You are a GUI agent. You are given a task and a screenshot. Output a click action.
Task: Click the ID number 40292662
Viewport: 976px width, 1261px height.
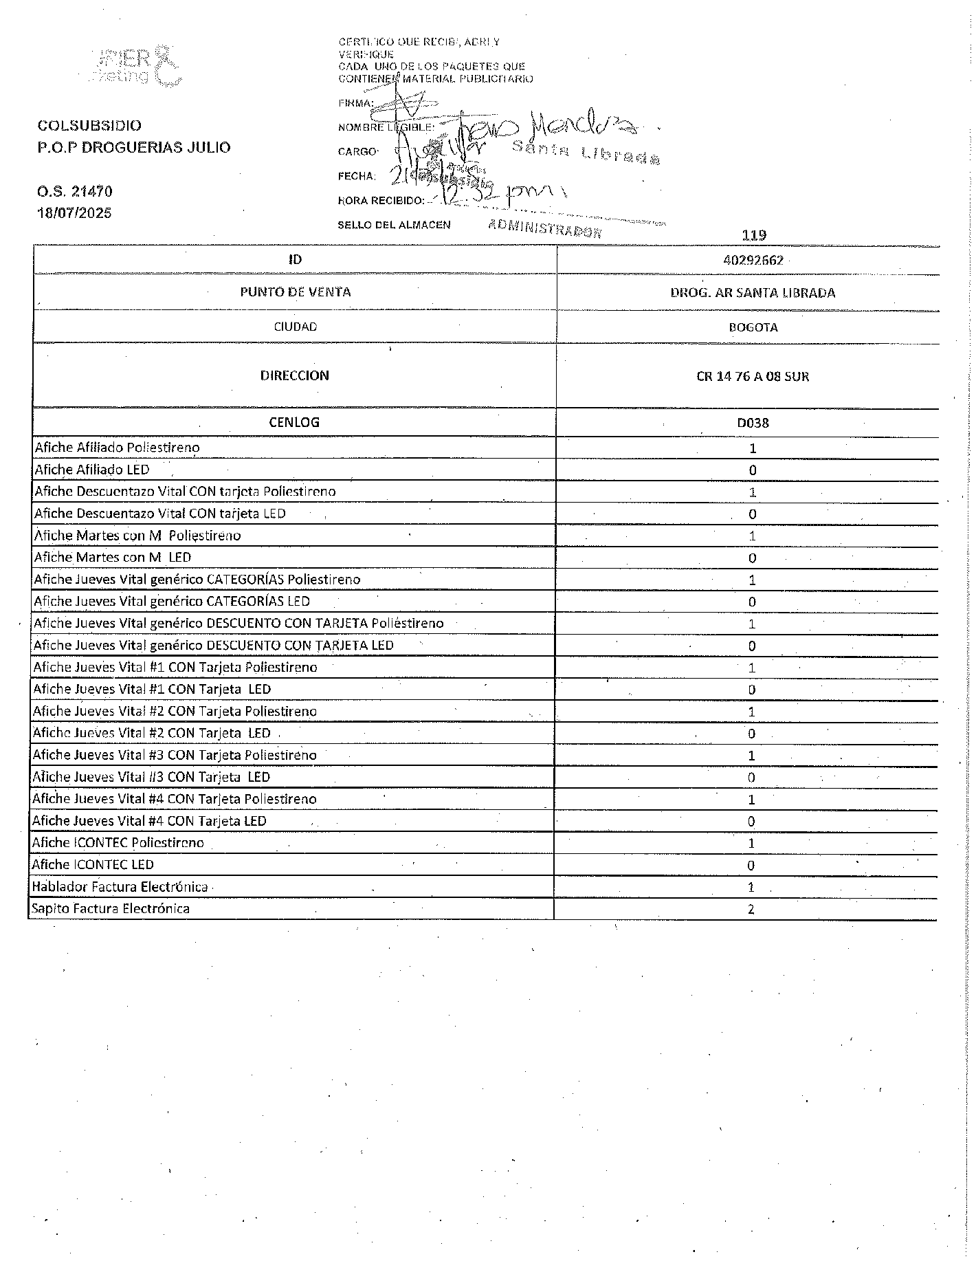[753, 261]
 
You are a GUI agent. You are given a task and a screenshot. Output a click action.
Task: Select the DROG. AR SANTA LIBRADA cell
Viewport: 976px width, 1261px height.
[753, 293]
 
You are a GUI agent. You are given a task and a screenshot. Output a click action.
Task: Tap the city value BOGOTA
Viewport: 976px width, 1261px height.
[753, 327]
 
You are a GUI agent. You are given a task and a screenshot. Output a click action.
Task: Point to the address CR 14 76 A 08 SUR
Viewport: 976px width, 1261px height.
[753, 377]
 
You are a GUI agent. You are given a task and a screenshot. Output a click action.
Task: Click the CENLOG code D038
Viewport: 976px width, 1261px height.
[753, 423]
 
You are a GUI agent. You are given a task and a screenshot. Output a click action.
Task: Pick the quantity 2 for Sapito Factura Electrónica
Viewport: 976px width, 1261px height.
[751, 909]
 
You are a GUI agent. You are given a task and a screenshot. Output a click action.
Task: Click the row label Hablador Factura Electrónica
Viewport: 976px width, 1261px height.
[120, 887]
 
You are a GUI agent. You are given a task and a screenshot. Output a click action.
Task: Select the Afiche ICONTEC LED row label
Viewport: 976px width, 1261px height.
[93, 865]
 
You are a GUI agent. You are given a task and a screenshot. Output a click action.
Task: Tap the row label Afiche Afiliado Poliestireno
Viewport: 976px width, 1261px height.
[117, 448]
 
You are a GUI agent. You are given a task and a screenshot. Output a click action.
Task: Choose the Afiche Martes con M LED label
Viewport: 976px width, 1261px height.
[113, 558]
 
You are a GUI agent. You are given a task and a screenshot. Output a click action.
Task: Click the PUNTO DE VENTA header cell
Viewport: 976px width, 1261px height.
[295, 292]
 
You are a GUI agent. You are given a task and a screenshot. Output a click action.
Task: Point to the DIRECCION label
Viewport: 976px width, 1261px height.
[294, 375]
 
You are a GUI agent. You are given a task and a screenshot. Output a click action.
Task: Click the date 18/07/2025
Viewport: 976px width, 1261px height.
[74, 212]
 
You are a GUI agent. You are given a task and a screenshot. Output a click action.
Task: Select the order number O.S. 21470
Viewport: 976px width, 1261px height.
[74, 191]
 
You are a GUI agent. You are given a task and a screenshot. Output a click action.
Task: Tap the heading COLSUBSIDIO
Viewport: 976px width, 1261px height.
[89, 125]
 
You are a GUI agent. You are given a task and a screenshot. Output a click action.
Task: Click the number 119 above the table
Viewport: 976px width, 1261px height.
[754, 235]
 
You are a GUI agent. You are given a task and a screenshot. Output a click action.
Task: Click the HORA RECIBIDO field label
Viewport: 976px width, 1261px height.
[380, 201]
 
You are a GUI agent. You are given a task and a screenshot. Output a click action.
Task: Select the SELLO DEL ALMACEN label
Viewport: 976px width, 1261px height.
[394, 225]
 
